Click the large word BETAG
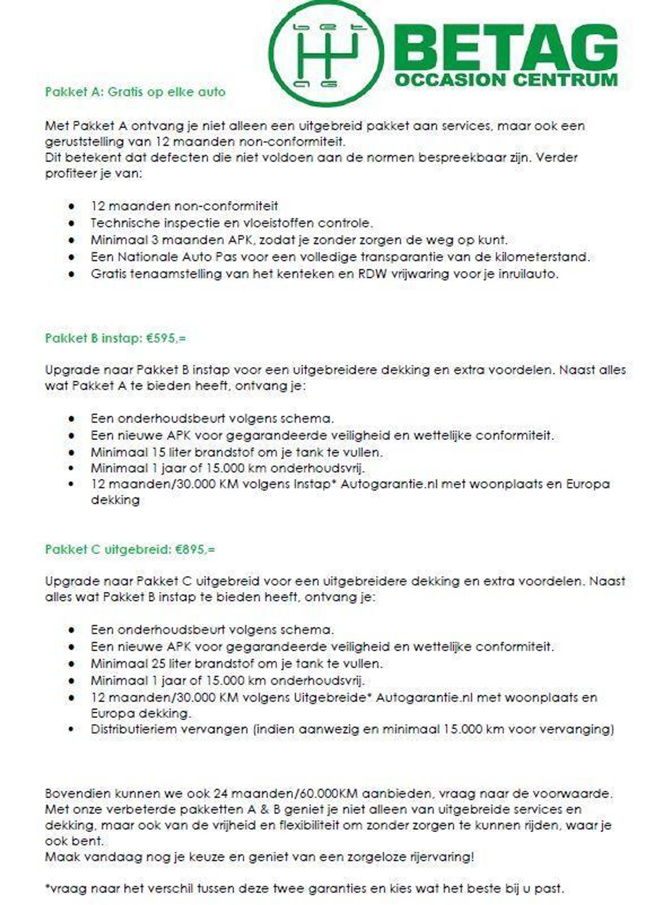(506, 48)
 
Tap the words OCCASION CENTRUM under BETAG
(506, 80)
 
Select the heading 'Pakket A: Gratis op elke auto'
(135, 92)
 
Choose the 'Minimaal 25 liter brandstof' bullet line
(236, 664)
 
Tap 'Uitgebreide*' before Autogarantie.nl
(330, 698)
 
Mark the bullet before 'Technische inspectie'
(72, 224)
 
